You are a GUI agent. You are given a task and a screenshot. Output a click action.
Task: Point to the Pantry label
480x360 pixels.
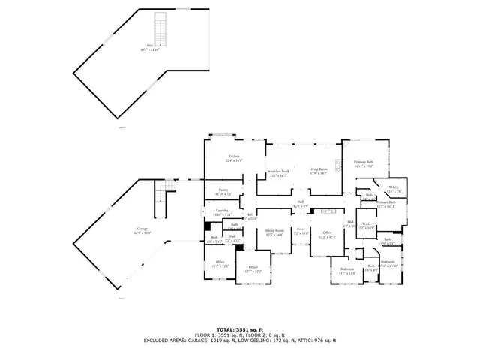(x=223, y=192)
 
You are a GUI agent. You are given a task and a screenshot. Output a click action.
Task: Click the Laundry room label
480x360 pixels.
(x=222, y=213)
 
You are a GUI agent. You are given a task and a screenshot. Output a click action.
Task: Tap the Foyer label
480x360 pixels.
(x=301, y=232)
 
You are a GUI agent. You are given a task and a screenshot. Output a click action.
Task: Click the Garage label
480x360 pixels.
(x=142, y=230)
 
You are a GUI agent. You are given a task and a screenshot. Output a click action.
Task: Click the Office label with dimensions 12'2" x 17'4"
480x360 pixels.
(x=327, y=234)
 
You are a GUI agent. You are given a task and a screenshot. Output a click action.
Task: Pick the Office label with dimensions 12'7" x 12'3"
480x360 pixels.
(x=253, y=269)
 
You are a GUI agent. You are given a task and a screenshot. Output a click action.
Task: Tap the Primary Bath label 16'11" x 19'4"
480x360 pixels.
(x=353, y=164)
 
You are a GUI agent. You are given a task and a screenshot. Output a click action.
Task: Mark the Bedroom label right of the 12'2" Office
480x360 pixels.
(x=346, y=270)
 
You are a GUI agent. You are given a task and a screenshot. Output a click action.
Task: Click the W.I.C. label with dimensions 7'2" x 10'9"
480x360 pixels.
(x=366, y=225)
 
